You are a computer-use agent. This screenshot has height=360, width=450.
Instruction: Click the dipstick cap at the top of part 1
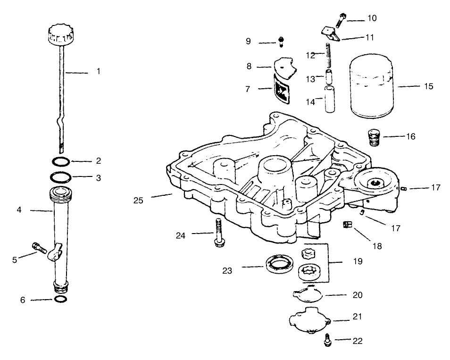pyautogui.click(x=59, y=34)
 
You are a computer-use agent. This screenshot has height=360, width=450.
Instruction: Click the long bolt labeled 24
pyautogui.click(x=218, y=232)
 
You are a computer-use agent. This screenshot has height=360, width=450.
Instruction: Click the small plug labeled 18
pyautogui.click(x=346, y=226)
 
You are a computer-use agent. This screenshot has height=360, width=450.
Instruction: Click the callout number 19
pyautogui.click(x=358, y=261)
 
